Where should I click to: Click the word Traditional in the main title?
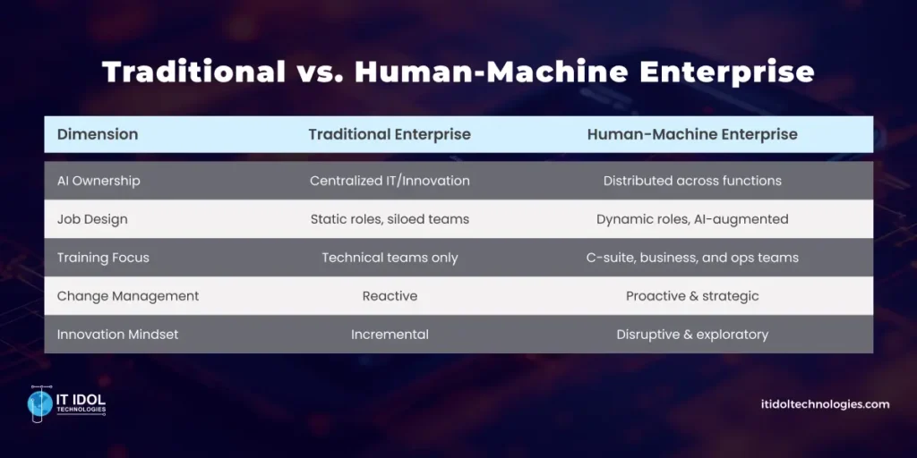pos(193,72)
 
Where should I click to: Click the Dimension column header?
pos(98,134)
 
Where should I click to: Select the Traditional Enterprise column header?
pos(390,134)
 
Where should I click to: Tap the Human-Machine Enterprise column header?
pos(692,134)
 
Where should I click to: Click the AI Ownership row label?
pos(99,181)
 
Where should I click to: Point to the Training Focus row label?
pos(103,258)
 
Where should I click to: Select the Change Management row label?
pos(128,296)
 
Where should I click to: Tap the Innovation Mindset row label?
pos(117,335)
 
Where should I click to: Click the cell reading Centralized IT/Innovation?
pos(390,181)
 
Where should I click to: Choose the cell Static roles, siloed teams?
pos(390,219)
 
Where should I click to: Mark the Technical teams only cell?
pos(390,258)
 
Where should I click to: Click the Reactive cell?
pos(390,296)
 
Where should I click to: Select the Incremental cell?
pos(390,335)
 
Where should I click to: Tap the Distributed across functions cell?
pos(692,181)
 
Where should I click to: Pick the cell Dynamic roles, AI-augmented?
pos(692,219)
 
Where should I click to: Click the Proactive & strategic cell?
pos(692,296)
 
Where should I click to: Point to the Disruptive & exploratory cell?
pos(692,335)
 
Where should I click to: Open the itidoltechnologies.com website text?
pos(818,404)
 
